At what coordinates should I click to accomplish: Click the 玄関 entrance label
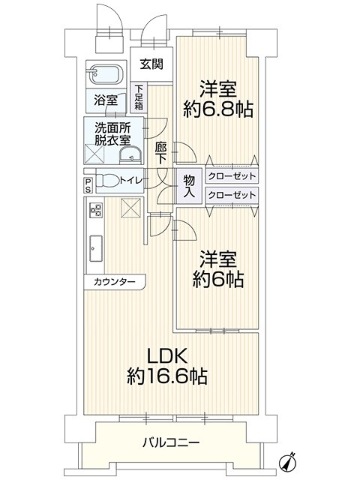[151, 64]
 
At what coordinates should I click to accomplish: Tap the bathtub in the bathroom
[106, 74]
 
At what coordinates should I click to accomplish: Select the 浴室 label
[106, 100]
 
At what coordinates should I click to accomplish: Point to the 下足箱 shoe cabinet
[139, 97]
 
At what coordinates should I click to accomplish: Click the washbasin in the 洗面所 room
[130, 156]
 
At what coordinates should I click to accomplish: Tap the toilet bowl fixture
[107, 180]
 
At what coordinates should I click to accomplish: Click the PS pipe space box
[88, 185]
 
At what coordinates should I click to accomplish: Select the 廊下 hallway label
[160, 153]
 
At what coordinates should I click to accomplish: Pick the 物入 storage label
[189, 186]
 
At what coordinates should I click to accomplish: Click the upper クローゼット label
[232, 176]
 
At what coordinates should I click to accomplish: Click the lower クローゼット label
[232, 195]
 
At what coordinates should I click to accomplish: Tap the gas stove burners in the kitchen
[95, 209]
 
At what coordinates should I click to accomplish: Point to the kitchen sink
[96, 248]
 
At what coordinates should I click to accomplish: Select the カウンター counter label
[115, 281]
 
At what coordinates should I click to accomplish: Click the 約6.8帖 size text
[218, 109]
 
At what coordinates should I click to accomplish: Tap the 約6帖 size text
[218, 280]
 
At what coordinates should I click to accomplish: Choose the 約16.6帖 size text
[167, 376]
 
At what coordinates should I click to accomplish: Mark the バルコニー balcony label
[171, 442]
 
